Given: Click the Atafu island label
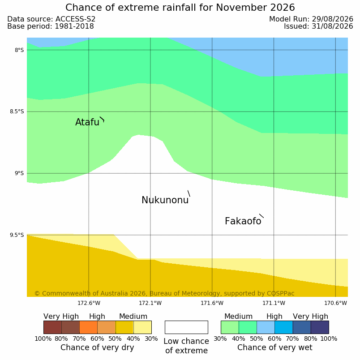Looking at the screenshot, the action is pos(87,122).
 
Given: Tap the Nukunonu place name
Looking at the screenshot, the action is pos(165,200).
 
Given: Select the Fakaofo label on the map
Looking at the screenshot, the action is pos(243,221).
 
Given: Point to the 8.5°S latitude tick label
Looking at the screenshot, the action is pos(17,111).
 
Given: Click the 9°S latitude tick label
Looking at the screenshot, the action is pos(19,173).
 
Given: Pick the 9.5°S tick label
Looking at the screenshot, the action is pos(17,235).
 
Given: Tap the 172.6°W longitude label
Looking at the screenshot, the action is pos(89,303).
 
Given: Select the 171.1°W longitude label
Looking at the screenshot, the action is pos(274,303).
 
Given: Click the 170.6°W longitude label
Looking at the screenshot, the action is pos(336,303).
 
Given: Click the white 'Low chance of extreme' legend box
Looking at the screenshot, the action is pos(186,327).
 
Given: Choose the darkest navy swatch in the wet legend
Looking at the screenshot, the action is pos(320,327).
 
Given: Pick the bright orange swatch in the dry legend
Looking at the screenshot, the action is pos(88,327).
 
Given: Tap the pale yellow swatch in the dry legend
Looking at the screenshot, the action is pos(142,327).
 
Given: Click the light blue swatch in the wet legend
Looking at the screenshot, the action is pos(266,327).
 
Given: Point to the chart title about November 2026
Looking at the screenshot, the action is pos(180,8).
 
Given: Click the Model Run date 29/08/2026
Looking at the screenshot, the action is pos(311,19).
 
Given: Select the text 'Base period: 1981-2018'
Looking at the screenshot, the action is pos(51,26).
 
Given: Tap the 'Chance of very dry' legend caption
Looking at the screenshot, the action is pos(97,347).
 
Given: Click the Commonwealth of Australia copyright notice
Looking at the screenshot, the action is pos(164,293).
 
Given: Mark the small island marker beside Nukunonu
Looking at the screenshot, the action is pos(189,193).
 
